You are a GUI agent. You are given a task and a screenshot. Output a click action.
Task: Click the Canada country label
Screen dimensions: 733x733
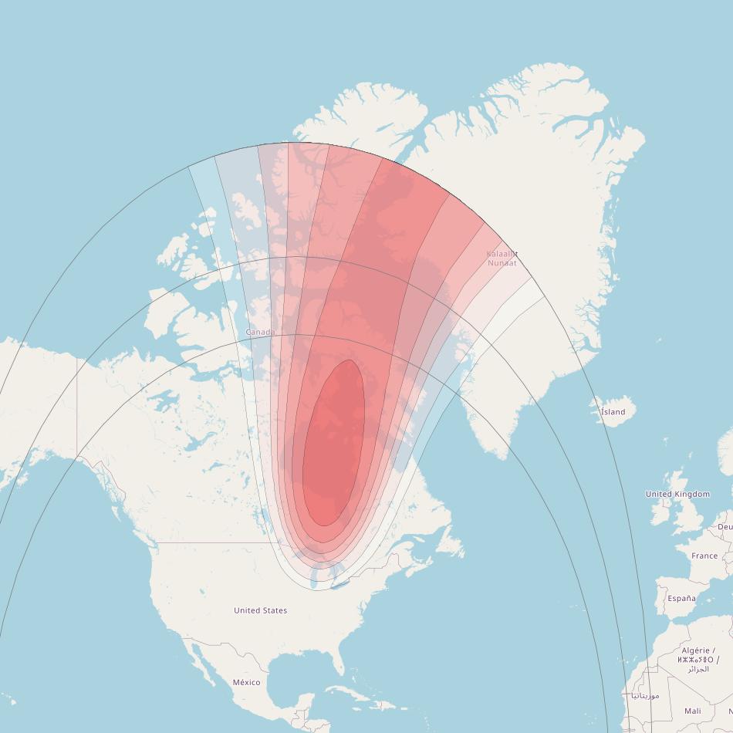point(260,333)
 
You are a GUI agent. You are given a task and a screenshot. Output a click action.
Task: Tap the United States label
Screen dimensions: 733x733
point(261,610)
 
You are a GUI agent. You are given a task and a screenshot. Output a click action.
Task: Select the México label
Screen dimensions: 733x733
point(246,682)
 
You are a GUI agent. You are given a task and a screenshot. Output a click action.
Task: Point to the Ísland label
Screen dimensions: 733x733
point(613,412)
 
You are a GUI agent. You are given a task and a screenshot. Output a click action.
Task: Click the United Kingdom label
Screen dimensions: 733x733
point(677,494)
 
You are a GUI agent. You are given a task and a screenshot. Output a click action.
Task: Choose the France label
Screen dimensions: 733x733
point(704,556)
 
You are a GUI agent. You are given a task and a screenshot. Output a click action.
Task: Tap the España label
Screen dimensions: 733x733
point(681,598)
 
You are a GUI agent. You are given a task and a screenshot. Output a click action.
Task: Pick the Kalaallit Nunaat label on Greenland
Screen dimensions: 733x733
point(502,258)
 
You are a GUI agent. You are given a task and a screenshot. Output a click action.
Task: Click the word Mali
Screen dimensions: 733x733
point(693,711)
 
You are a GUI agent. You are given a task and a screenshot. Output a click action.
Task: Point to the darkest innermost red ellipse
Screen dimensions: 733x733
point(334,444)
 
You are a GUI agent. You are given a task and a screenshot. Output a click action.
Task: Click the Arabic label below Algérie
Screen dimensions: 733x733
point(698,669)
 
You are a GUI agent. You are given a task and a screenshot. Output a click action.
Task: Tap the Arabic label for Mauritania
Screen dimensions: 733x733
point(645,695)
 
